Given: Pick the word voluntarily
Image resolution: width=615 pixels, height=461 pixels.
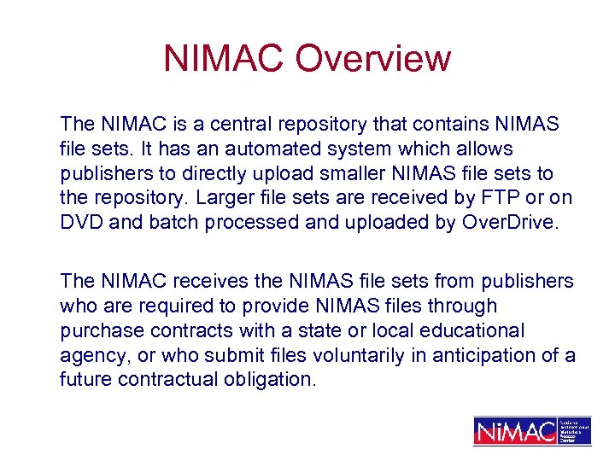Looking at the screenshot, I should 317,355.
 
